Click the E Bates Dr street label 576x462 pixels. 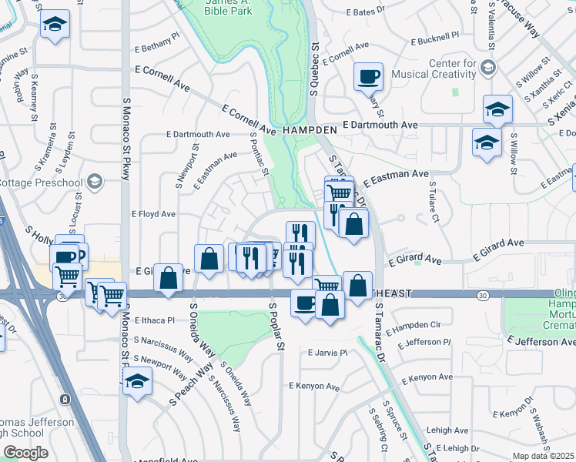[x=366, y=12]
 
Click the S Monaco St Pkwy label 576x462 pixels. [x=126, y=139]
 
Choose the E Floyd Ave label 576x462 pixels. [x=154, y=214]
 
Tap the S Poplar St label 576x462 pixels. [x=273, y=326]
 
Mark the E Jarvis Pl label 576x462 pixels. [x=328, y=353]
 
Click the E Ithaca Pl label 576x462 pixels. [x=154, y=320]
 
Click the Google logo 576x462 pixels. [x=25, y=453]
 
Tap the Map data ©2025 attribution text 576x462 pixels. [x=544, y=456]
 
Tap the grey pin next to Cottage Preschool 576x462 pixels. [x=95, y=182]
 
